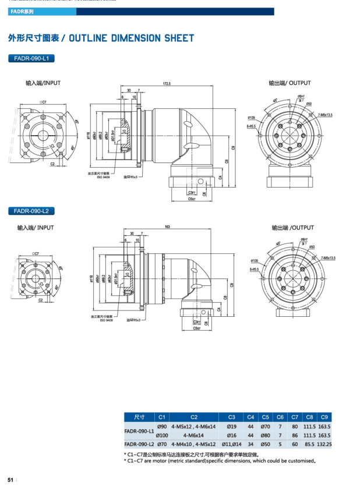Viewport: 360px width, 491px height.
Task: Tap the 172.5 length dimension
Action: point(167,85)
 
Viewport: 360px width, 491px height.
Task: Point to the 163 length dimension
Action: point(167,227)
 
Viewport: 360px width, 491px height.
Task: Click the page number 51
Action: point(10,480)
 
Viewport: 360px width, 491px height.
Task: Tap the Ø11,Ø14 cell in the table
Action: point(231,444)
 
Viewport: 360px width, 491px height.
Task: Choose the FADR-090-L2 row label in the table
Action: point(139,444)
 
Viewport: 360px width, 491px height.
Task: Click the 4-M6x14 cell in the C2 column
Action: point(193,435)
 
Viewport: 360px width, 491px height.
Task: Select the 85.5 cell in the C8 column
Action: point(309,444)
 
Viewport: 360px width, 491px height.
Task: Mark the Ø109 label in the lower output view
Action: point(255,260)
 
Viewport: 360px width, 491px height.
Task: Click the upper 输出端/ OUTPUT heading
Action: point(290,83)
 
